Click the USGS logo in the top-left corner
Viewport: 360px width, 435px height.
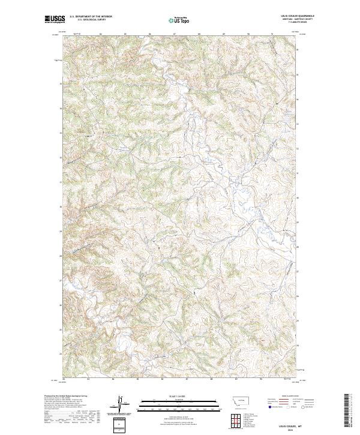tap(54, 20)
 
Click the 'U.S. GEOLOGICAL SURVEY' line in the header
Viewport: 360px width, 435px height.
tap(88, 20)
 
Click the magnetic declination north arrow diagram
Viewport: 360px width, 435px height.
tap(120, 404)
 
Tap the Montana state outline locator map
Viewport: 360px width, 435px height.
tap(235, 399)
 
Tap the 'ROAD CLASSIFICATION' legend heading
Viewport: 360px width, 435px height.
tap(291, 395)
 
